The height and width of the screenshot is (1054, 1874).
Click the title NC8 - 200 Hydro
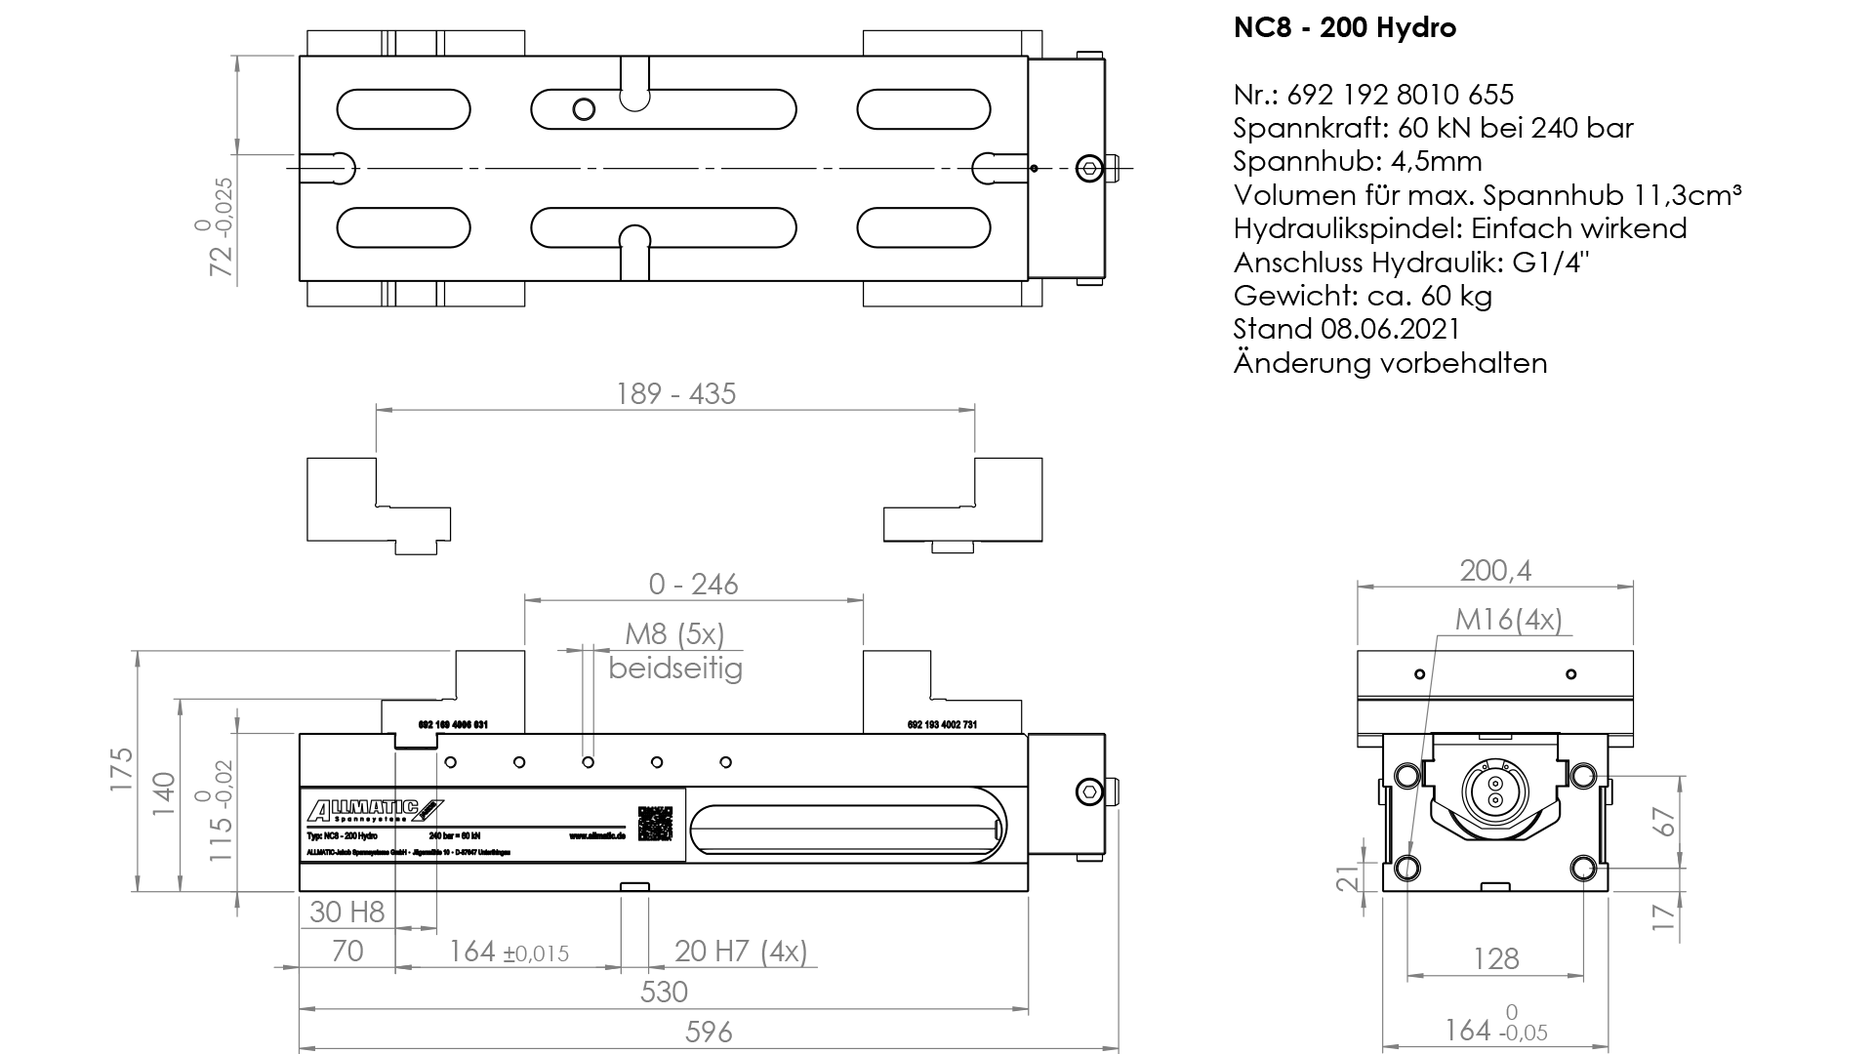(x=1344, y=28)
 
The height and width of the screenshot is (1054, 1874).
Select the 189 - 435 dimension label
(x=675, y=394)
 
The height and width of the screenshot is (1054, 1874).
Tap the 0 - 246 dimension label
(x=693, y=585)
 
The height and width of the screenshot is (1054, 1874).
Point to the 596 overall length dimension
(x=709, y=1032)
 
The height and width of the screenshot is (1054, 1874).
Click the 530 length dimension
(x=664, y=993)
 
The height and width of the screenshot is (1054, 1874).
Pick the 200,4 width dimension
(x=1494, y=571)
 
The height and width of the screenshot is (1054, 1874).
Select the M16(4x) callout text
(x=1508, y=620)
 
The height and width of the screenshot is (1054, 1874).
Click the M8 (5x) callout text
(x=674, y=634)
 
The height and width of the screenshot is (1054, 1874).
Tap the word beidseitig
(x=675, y=669)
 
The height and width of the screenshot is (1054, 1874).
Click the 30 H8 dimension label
(x=347, y=912)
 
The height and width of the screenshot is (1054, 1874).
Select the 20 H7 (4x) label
(x=741, y=951)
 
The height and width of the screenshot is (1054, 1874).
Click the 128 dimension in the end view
(x=1495, y=958)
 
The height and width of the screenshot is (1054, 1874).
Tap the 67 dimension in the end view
(x=1665, y=822)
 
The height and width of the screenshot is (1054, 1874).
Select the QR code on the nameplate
(x=655, y=823)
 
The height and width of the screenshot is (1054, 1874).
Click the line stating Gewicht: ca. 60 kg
(x=1363, y=296)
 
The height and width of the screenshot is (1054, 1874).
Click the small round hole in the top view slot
(x=584, y=108)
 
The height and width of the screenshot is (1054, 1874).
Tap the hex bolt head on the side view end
(x=1089, y=791)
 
